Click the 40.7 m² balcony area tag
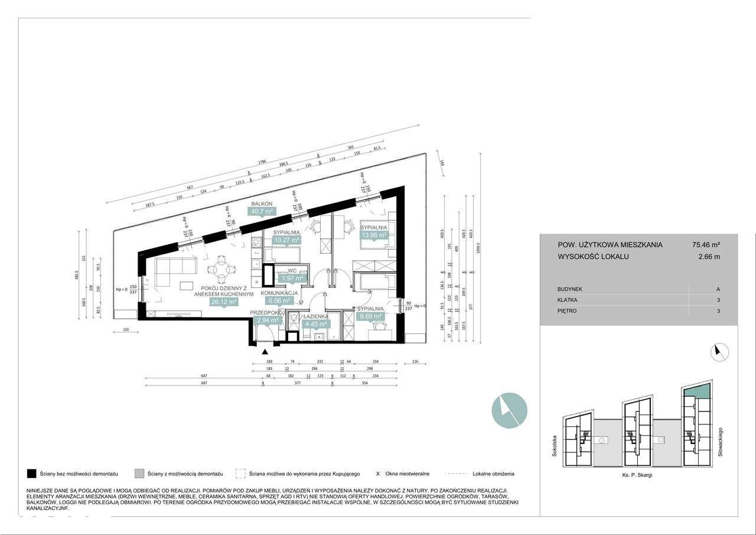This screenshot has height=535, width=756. click(x=262, y=211)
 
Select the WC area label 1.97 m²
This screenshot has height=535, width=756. click(x=292, y=278)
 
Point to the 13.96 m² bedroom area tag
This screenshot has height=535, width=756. click(x=374, y=235)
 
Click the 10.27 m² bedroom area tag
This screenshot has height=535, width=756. click(x=286, y=240)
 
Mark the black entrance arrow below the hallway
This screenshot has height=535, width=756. click(x=264, y=351)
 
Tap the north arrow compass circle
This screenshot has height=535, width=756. click(x=719, y=352)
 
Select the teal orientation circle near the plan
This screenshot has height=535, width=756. click(x=510, y=410)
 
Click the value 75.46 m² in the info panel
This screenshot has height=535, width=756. click(x=706, y=245)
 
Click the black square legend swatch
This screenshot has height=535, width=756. click(x=32, y=474)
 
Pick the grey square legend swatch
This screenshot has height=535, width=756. click(x=139, y=474)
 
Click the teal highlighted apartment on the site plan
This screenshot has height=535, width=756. click(x=697, y=391)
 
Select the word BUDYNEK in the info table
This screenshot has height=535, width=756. click(x=570, y=290)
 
